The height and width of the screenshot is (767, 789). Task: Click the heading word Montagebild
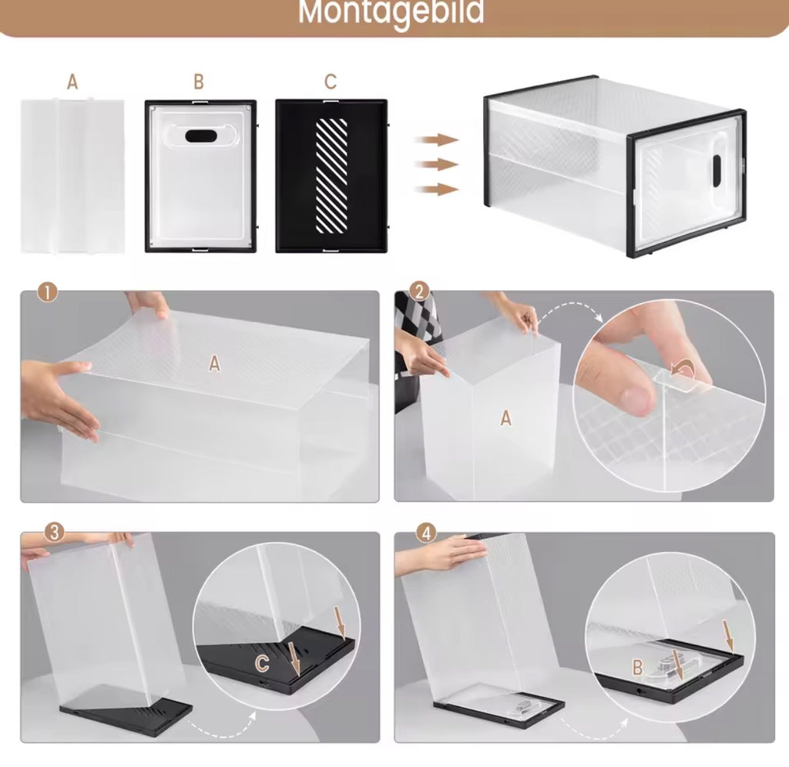point(391,11)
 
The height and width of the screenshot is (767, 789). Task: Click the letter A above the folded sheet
point(72,82)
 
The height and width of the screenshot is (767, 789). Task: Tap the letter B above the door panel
point(199,82)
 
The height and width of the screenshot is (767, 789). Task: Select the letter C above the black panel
point(331,82)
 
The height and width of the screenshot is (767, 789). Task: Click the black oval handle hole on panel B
point(201,136)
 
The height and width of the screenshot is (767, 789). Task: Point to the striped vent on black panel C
point(331,176)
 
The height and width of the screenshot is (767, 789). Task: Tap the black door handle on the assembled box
point(717,170)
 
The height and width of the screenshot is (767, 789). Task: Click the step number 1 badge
point(47,292)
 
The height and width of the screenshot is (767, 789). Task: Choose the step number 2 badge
point(419,291)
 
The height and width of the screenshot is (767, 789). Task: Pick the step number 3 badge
point(55,532)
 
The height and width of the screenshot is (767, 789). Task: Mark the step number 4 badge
point(427,533)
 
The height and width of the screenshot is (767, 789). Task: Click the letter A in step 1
point(215,363)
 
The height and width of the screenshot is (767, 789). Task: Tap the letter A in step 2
point(505,418)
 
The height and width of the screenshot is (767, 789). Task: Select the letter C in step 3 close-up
point(262,664)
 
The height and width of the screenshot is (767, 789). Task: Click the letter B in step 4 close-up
point(638,668)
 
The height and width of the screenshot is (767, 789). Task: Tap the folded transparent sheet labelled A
point(72,177)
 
